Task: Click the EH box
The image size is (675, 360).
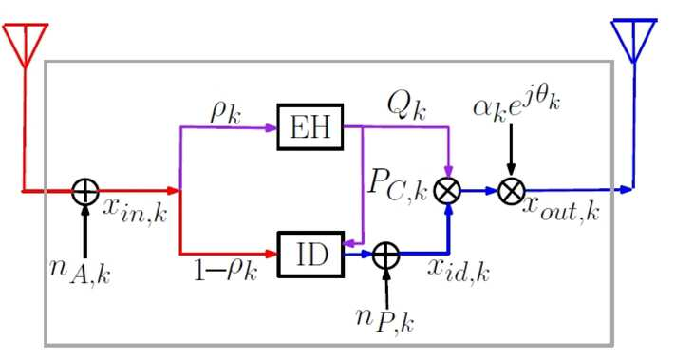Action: coord(309,127)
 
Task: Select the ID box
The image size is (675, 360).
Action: coord(310,254)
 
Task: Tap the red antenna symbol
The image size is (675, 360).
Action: coord(25,46)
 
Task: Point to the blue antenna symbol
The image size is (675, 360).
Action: coord(633,41)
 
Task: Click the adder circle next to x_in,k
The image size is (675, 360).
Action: coord(84,191)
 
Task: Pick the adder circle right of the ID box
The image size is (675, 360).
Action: coord(385,255)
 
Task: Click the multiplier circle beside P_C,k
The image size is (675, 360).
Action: coord(448,191)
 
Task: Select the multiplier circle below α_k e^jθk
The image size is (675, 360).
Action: coord(512,190)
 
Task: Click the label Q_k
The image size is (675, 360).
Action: coord(406,106)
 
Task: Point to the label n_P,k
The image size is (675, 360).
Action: coord(385,319)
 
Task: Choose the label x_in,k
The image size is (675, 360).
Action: coord(135,212)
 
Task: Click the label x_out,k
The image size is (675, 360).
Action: coord(561,210)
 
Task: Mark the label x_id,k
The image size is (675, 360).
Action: coord(459,269)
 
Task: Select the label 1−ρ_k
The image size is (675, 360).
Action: coord(226,271)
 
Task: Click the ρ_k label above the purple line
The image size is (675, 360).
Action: coord(226,113)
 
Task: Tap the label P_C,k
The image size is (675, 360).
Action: coord(398,188)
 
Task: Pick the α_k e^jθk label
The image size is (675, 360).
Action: coord(516,105)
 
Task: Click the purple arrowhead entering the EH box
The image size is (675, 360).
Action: coord(272,127)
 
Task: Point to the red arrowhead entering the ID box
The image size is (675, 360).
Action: coord(272,254)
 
